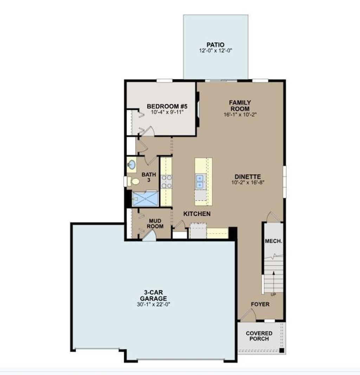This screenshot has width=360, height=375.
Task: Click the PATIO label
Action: point(216,45)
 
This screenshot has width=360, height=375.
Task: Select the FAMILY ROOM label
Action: point(240,106)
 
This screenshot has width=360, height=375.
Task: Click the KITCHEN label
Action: point(197,214)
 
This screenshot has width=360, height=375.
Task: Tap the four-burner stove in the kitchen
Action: point(166,182)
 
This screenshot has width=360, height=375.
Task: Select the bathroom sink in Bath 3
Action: point(132,165)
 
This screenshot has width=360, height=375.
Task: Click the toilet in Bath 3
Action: point(135,182)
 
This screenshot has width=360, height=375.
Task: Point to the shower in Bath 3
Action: point(146,199)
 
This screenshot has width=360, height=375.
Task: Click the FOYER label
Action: point(260,304)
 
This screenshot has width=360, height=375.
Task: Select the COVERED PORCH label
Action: point(259,336)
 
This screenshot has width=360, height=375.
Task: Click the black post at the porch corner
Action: point(281,350)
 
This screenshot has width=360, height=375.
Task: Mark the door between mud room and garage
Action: point(148,236)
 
